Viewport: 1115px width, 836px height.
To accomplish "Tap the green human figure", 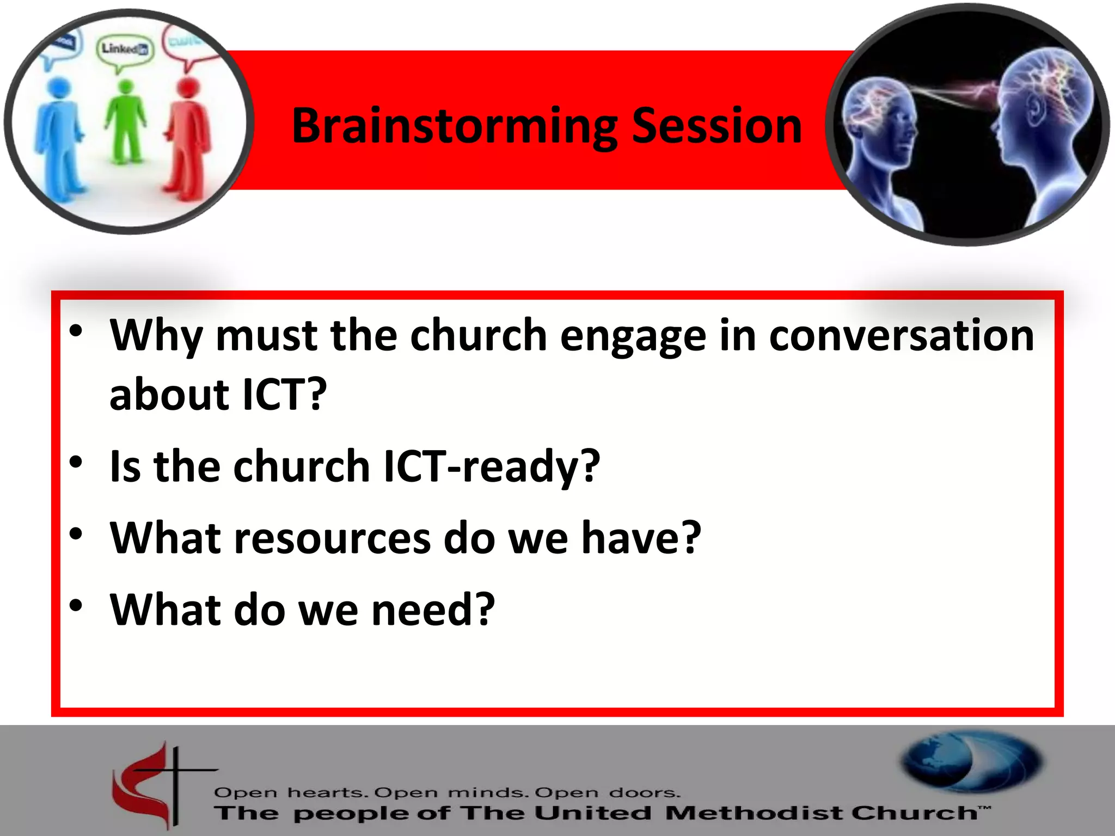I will coord(126,122).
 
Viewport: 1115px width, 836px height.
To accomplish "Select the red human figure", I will coord(188,139).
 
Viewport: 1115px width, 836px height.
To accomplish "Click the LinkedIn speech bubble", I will coord(125,51).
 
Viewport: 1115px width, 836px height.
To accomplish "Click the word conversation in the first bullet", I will coord(901,336).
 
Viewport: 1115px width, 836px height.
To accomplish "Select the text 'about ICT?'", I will coord(218,395).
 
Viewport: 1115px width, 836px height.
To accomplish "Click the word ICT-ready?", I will coord(491,466).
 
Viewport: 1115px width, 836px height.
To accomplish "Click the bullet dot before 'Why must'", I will coord(76,331).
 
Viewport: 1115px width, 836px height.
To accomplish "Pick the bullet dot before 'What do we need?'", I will coord(76,605).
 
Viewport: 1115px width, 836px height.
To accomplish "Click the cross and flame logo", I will coord(158,784).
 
